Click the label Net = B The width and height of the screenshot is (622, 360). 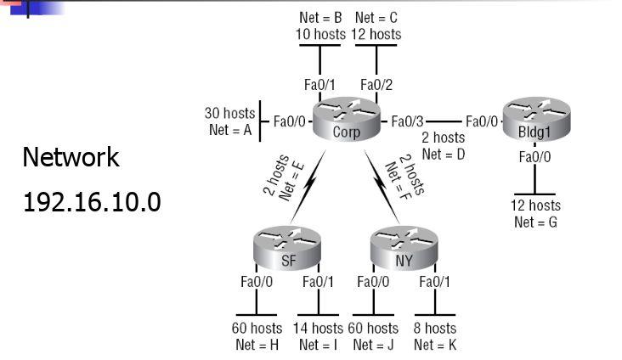(x=320, y=17)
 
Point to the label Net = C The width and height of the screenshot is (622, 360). (x=376, y=17)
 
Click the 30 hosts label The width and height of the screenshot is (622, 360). (x=229, y=113)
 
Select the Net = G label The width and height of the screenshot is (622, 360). (x=535, y=222)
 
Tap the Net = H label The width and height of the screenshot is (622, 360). (x=257, y=345)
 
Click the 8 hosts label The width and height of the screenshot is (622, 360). (x=435, y=328)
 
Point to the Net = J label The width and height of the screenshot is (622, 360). (x=375, y=345)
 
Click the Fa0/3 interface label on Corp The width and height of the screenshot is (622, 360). (x=408, y=122)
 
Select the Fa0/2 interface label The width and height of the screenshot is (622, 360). (x=376, y=84)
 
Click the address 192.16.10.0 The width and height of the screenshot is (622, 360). (x=92, y=205)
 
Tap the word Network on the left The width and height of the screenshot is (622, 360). (x=71, y=157)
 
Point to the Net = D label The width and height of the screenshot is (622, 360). (x=443, y=154)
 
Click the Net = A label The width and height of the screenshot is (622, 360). (x=229, y=130)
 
